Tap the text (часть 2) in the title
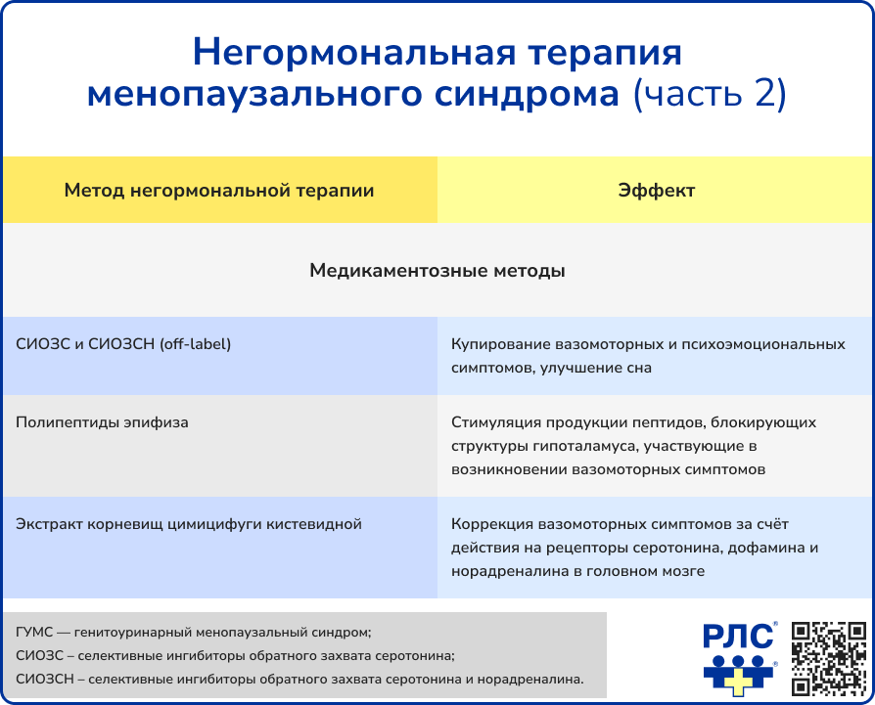[x=709, y=94]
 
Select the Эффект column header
[x=656, y=191]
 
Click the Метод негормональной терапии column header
[x=219, y=191]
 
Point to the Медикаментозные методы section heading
[x=437, y=270]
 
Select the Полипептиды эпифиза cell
[x=103, y=422]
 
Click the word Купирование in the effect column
[x=500, y=344]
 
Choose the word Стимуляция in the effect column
[x=496, y=422]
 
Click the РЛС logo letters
[x=738, y=638]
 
